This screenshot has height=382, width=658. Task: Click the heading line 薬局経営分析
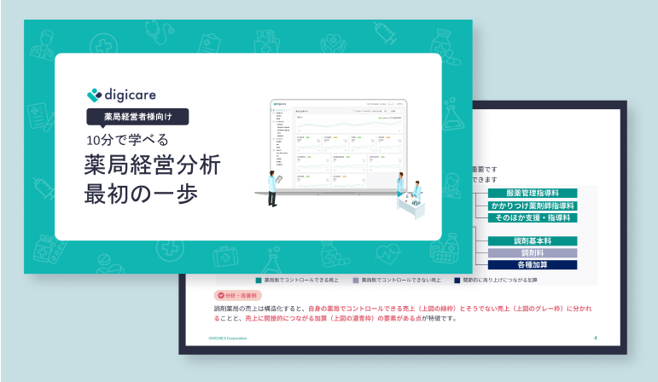[x=152, y=165]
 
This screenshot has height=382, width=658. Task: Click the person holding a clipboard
[x=272, y=189]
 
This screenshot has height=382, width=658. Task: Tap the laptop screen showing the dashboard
[x=337, y=145]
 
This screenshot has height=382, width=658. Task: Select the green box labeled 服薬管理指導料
[x=533, y=194]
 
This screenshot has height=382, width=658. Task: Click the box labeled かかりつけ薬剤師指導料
[x=533, y=206]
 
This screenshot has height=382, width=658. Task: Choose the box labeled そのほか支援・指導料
[x=533, y=218]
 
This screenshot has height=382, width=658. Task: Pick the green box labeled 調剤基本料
[x=533, y=241]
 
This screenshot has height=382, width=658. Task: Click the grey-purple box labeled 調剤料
[x=533, y=253]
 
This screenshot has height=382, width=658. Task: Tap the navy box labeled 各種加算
[x=533, y=265]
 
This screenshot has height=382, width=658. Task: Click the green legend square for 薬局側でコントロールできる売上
[x=258, y=280]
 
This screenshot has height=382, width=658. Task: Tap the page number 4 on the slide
[x=596, y=338]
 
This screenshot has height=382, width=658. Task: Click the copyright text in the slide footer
[x=228, y=338]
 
